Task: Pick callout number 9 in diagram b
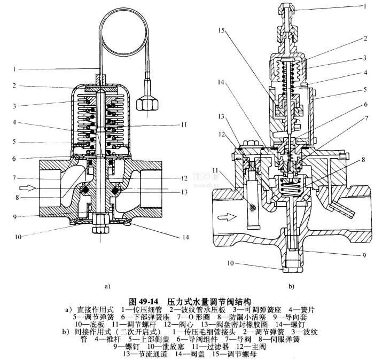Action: pos(364,255)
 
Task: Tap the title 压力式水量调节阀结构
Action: pos(209,301)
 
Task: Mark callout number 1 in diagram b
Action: pos(364,7)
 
